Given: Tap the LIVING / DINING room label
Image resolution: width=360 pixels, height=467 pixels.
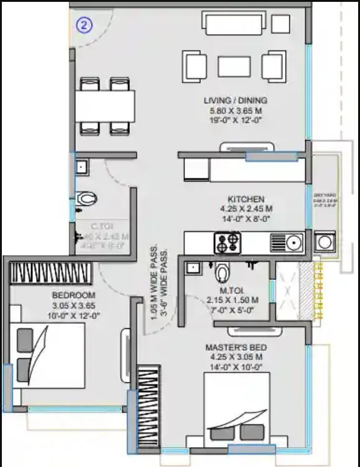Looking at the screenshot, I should [236, 100].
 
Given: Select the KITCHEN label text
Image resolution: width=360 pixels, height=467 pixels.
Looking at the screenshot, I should [246, 200].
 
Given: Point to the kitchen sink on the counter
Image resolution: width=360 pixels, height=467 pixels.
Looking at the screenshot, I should [287, 242].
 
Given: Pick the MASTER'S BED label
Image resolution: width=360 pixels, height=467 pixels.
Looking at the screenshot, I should [233, 347].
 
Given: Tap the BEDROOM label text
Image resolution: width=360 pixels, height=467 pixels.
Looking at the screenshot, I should [73, 295].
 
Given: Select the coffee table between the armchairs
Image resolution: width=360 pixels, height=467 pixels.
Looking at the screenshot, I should [234, 65].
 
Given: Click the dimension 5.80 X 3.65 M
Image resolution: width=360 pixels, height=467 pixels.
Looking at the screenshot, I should [236, 111].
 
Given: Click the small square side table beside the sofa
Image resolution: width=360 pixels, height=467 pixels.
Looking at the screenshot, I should [281, 24].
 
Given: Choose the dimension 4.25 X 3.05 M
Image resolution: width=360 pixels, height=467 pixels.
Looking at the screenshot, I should [233, 358].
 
